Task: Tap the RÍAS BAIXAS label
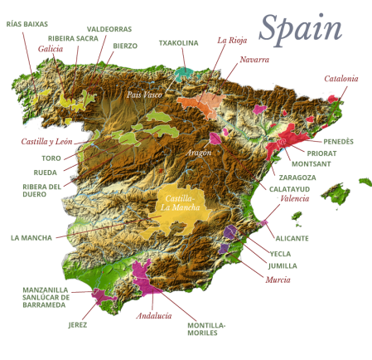[x=26, y=23]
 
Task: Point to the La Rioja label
[x=231, y=39]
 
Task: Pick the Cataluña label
[x=341, y=79]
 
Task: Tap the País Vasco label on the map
[x=142, y=94]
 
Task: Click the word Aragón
[x=200, y=153]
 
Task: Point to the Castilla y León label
[x=42, y=141]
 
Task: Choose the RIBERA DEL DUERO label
[x=41, y=192]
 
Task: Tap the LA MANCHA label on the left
[x=31, y=237]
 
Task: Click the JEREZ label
[x=75, y=324]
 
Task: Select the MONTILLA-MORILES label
[x=207, y=328]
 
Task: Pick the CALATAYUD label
[x=289, y=188]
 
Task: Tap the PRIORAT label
[x=321, y=153]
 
